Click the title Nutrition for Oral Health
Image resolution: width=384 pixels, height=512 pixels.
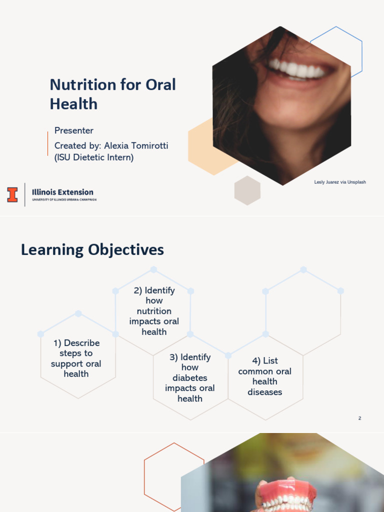(x=112, y=94)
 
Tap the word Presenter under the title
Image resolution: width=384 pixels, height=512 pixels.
(x=74, y=130)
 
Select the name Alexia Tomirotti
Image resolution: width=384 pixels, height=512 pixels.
(x=136, y=145)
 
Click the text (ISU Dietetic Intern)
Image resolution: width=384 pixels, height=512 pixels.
(x=94, y=157)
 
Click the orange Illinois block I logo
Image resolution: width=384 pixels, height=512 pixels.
(x=12, y=194)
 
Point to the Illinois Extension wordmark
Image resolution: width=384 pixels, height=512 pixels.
(x=62, y=192)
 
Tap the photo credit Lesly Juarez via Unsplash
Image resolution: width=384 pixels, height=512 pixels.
(x=340, y=182)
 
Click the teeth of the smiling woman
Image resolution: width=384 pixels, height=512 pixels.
(x=298, y=69)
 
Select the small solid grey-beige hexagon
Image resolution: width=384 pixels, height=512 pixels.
(x=247, y=190)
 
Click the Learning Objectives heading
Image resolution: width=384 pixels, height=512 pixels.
(x=92, y=249)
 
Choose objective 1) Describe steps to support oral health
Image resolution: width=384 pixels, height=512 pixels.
(x=76, y=358)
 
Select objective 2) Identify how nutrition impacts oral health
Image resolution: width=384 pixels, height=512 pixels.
(x=154, y=310)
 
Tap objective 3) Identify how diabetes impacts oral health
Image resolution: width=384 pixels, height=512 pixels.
(x=190, y=377)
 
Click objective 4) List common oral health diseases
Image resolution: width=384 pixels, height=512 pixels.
(x=265, y=376)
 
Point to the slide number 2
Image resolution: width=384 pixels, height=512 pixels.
(x=359, y=418)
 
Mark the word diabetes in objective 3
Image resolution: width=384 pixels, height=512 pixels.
(x=190, y=378)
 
